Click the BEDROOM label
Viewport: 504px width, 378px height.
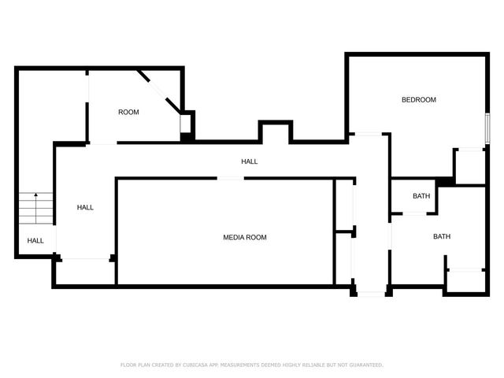[418, 100]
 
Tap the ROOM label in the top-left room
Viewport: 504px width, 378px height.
[128, 113]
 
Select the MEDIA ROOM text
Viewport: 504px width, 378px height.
[245, 237]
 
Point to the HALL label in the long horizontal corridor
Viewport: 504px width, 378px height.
[249, 161]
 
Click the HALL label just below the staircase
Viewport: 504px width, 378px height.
[35, 241]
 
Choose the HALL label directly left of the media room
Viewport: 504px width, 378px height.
[85, 208]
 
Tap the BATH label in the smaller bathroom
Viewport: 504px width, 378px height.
[421, 196]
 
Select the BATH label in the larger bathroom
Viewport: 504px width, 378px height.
[441, 236]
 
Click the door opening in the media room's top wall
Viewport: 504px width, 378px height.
[230, 179]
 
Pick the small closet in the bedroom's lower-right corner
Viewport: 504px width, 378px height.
[470, 166]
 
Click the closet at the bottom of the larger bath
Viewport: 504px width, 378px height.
[465, 281]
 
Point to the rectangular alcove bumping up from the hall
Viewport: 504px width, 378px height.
[276, 132]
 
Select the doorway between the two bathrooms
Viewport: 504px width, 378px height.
[415, 213]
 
